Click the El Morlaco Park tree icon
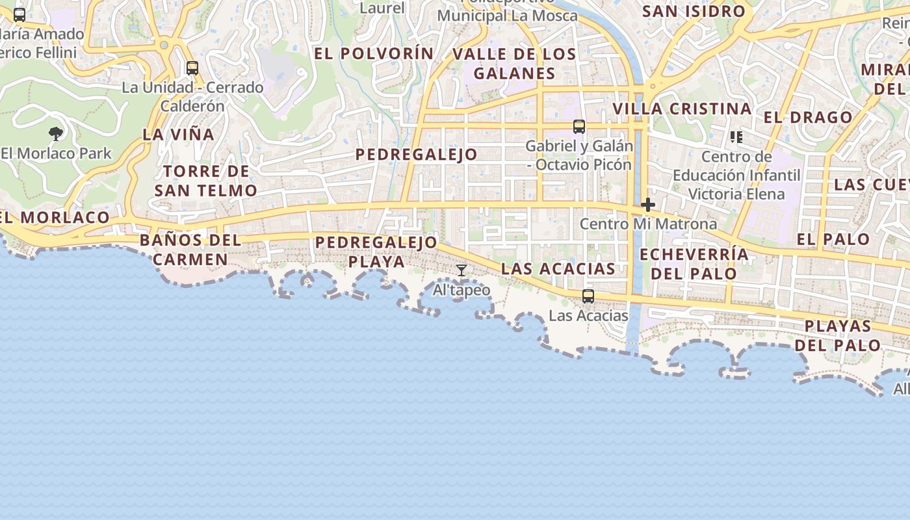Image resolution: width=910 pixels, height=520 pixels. (56, 134)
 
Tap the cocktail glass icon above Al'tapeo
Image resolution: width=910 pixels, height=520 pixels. (461, 270)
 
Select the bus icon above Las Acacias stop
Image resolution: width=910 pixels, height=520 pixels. (588, 296)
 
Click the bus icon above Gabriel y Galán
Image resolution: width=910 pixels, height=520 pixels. (579, 127)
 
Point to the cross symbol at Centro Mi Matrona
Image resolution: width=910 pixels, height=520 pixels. (647, 205)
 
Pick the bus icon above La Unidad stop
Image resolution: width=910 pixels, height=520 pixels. (192, 68)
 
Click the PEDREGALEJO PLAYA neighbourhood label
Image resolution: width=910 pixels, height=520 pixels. (376, 252)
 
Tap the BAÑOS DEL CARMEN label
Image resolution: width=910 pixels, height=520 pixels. (190, 250)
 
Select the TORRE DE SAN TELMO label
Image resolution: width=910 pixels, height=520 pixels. (206, 181)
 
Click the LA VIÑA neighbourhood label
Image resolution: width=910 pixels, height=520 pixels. (178, 135)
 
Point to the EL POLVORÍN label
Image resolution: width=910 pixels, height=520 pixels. (374, 53)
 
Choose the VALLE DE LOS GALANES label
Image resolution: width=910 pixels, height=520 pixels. (514, 64)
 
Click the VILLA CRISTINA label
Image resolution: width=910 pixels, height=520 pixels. (682, 109)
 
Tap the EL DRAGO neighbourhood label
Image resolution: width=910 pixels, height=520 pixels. (808, 118)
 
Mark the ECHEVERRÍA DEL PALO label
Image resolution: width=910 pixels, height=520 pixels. (694, 263)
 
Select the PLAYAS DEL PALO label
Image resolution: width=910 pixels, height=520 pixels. (842, 335)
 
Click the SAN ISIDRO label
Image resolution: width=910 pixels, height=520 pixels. (694, 11)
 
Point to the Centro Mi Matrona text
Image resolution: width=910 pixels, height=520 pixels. (648, 224)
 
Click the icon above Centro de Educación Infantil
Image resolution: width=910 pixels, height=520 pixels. (736, 136)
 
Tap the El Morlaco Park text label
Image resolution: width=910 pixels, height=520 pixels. (57, 153)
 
